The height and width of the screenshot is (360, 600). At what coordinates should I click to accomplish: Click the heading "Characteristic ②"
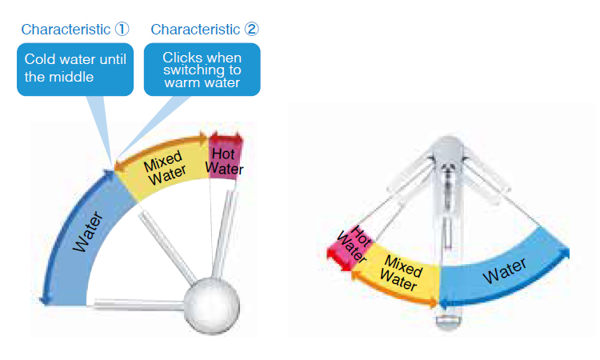pyautogui.click(x=204, y=30)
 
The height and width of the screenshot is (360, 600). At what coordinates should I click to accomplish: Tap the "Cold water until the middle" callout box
pyautogui.click(x=74, y=69)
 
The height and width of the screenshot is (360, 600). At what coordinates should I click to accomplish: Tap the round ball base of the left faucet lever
pyautogui.click(x=212, y=303)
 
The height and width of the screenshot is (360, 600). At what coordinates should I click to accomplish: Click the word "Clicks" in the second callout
pyautogui.click(x=180, y=58)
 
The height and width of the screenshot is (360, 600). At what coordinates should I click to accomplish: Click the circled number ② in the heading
pyautogui.click(x=252, y=30)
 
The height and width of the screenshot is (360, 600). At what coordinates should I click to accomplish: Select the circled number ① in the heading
pyautogui.click(x=122, y=30)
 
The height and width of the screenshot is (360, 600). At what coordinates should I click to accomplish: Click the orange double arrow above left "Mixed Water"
pyautogui.click(x=161, y=147)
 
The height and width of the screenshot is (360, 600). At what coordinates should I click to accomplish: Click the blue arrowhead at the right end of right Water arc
pyautogui.click(x=569, y=254)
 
